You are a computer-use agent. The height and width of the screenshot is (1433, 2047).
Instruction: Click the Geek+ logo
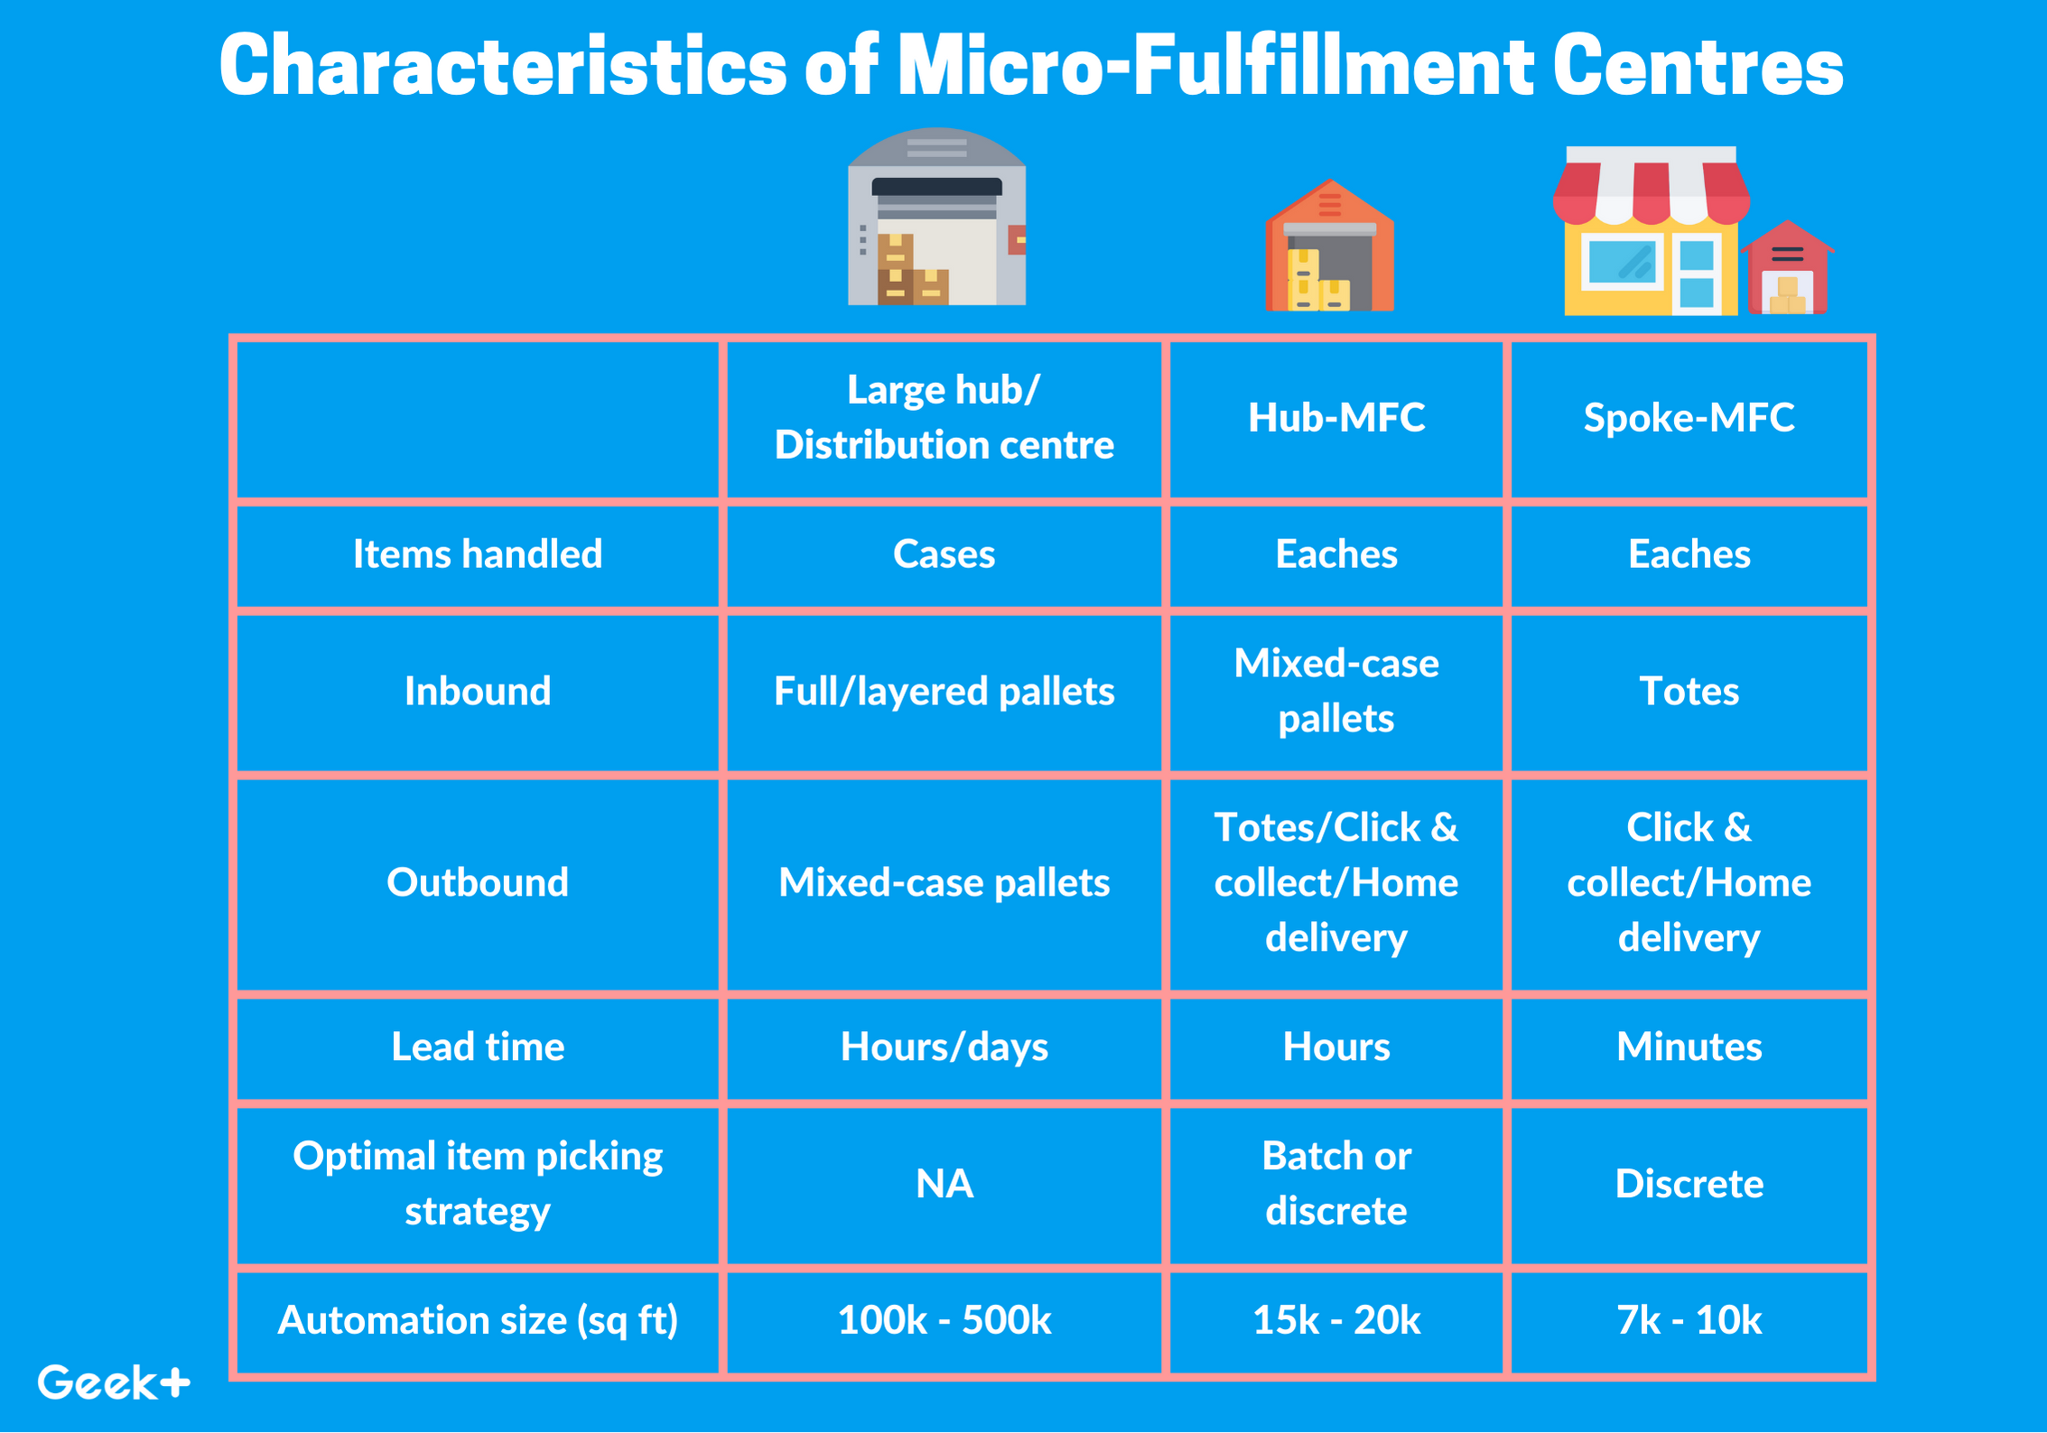pyautogui.click(x=114, y=1382)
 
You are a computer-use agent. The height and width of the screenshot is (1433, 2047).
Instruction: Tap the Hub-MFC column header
pyautogui.click(x=1335, y=417)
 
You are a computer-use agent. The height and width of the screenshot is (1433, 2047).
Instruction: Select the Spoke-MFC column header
pyautogui.click(x=1689, y=417)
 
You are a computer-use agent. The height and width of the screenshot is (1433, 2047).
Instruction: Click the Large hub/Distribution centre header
pyautogui.click(x=944, y=417)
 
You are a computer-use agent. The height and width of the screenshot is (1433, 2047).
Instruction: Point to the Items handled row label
pyautogui.click(x=477, y=554)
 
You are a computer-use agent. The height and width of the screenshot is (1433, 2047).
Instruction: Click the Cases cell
pyautogui.click(x=944, y=554)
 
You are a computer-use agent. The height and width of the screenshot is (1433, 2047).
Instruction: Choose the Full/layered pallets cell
pyautogui.click(x=944, y=692)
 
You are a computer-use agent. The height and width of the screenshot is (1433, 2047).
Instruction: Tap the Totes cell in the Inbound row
pyautogui.click(x=1689, y=692)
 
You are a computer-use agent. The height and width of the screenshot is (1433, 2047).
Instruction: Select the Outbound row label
pyautogui.click(x=477, y=882)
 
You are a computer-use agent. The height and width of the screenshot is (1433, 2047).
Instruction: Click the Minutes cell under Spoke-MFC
pyautogui.click(x=1689, y=1047)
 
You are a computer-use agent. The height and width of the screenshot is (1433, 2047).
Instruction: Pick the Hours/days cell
pyautogui.click(x=944, y=1047)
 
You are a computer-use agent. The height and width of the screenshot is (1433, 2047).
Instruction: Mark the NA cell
pyautogui.click(x=944, y=1184)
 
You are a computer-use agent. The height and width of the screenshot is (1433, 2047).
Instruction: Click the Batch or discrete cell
pyautogui.click(x=1335, y=1184)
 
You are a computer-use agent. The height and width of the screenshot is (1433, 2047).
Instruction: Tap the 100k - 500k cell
pyautogui.click(x=944, y=1320)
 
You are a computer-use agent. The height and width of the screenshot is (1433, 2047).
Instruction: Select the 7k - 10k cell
pyautogui.click(x=1689, y=1320)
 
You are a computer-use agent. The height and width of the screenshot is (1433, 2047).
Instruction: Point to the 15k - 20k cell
pyautogui.click(x=1335, y=1320)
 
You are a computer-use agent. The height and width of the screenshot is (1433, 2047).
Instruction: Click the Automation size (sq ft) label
pyautogui.click(x=477, y=1320)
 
